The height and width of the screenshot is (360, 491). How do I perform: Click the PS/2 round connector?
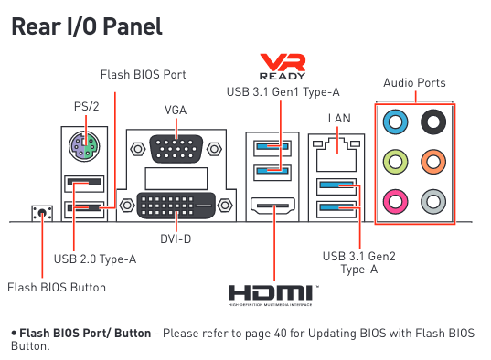click(x=84, y=146)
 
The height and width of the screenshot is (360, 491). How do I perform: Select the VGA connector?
click(x=176, y=149)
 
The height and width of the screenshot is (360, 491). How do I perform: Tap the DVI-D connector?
click(x=176, y=206)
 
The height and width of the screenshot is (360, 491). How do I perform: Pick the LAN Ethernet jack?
click(x=336, y=154)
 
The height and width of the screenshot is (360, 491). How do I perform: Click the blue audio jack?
click(x=396, y=122)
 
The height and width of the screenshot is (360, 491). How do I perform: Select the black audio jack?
click(x=433, y=122)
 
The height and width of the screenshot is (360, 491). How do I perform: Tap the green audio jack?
click(x=396, y=162)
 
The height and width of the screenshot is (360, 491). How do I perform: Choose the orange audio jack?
click(x=433, y=162)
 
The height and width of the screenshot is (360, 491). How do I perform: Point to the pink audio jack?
click(x=396, y=202)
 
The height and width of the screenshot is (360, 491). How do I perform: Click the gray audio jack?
click(x=433, y=202)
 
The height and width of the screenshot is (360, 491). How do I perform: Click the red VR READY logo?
click(x=283, y=67)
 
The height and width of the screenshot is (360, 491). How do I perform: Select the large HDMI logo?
click(x=273, y=295)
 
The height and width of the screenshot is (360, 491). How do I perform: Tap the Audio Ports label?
click(x=414, y=83)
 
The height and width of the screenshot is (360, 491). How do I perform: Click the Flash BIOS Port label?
click(x=144, y=75)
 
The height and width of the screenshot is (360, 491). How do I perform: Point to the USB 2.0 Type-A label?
click(x=95, y=259)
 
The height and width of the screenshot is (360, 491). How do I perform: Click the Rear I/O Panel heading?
click(x=87, y=26)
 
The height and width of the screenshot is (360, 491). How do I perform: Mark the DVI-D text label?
click(x=176, y=239)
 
